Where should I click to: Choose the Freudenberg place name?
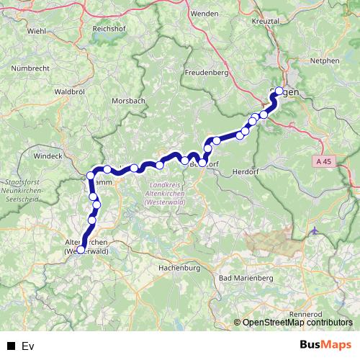[x=206, y=73]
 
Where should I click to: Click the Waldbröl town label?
[x=70, y=92]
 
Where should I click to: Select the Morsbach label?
[x=128, y=101]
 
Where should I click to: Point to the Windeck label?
[x=48, y=155]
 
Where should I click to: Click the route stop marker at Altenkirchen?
[x=81, y=250]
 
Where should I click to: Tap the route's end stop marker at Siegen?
[x=279, y=91]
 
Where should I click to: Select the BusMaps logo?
[x=326, y=346]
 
